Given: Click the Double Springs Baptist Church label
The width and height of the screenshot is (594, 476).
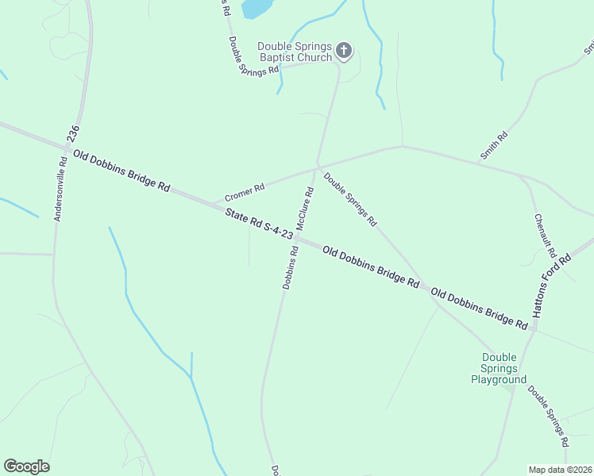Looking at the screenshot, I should coord(294,52).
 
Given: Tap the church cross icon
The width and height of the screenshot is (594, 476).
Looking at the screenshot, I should coord(344,52).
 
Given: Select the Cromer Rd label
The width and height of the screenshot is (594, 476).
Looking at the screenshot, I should coord(245,192).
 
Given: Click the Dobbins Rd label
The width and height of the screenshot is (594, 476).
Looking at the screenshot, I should coord(290,267).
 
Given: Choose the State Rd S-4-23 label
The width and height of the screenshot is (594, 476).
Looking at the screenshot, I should coord(259,224).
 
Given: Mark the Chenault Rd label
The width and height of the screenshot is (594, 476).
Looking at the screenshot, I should coord(544,236).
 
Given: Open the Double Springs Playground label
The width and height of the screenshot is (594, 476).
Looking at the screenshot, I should coord(499,368).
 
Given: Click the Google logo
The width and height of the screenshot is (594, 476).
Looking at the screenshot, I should coord(26,466).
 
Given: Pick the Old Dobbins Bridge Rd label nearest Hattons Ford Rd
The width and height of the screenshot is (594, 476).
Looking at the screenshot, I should coord(480,309).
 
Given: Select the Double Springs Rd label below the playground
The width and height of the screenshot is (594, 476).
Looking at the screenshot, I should coord(549,414).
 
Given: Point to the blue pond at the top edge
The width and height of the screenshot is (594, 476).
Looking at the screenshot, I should coord(256,8).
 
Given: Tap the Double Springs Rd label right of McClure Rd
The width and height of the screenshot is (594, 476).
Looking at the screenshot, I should coord(350,200).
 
